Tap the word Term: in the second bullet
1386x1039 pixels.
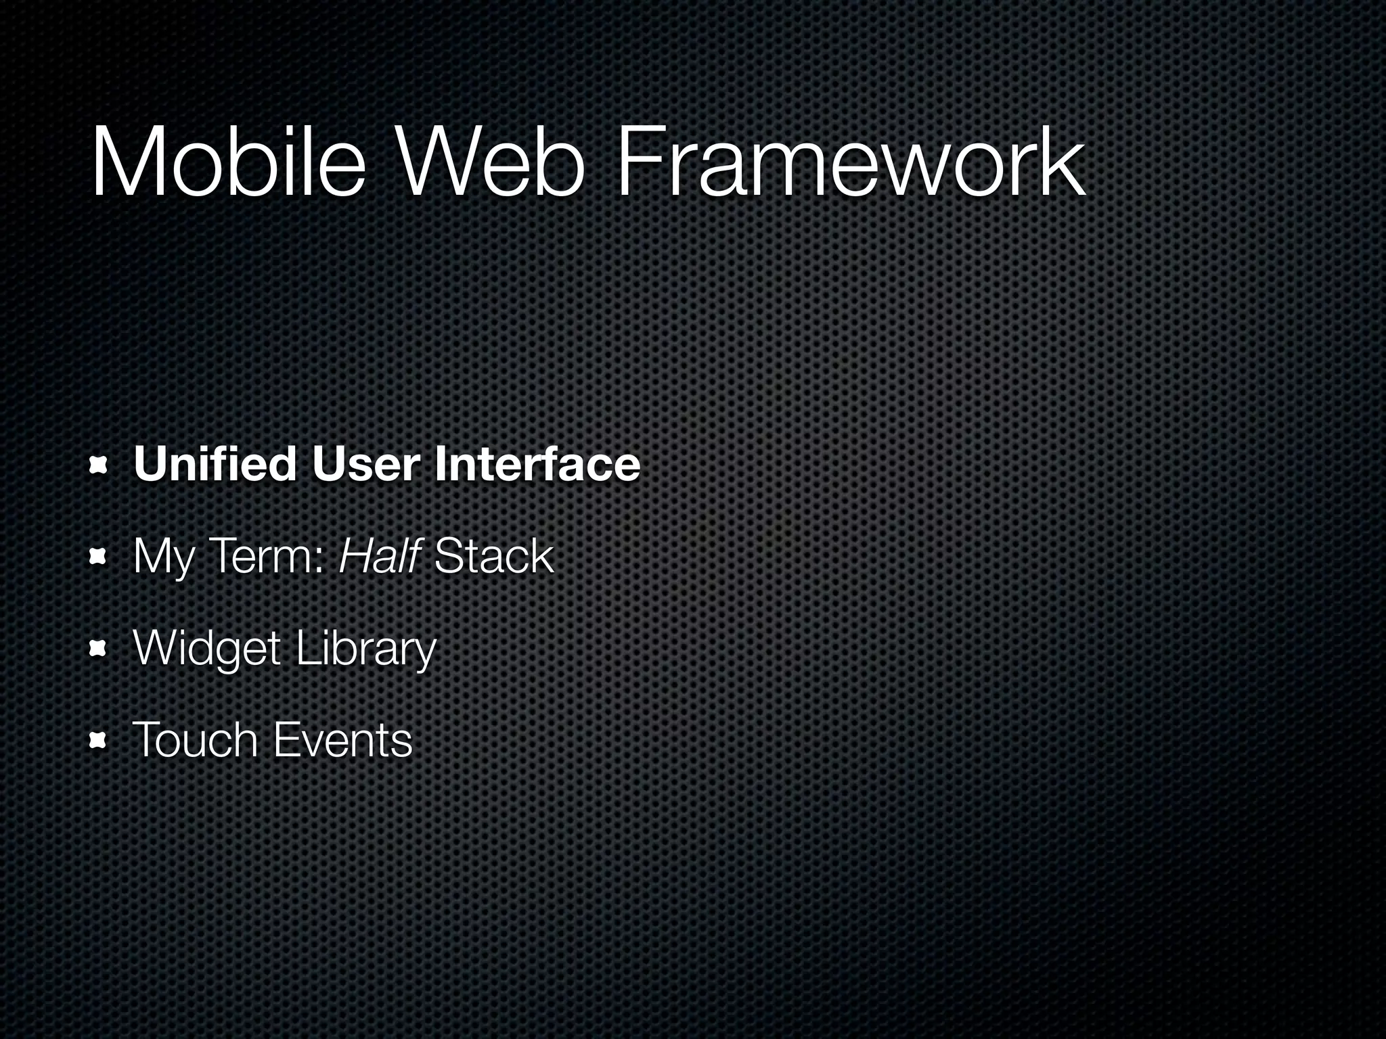click(x=267, y=556)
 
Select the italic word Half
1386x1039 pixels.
click(x=380, y=556)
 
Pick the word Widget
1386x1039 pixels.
click(x=207, y=649)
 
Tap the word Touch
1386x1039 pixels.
click(x=195, y=739)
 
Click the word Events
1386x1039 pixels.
click(x=342, y=739)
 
